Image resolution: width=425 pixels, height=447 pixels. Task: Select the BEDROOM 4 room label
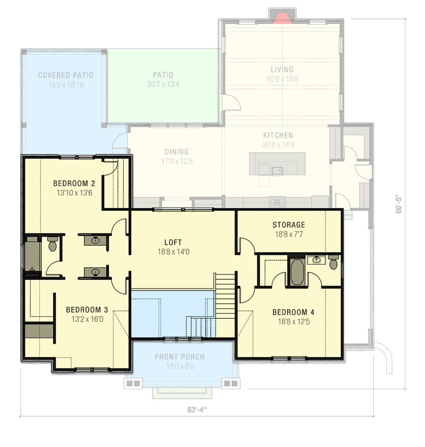(x=293, y=312)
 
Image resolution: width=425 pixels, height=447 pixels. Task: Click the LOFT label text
(x=173, y=242)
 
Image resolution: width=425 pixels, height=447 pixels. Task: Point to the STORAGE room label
(x=288, y=224)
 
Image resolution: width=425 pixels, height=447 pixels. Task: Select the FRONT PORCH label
(x=179, y=357)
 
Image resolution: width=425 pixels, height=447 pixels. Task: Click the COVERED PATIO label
(x=65, y=75)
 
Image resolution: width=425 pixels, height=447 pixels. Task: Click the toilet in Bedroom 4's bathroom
(x=334, y=262)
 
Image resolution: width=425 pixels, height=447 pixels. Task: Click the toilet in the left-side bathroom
(x=52, y=245)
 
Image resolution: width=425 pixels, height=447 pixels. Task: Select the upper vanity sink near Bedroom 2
(x=94, y=241)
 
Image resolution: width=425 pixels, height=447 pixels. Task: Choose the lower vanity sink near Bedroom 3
(x=94, y=272)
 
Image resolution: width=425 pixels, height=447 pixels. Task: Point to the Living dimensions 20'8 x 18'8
(x=282, y=78)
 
